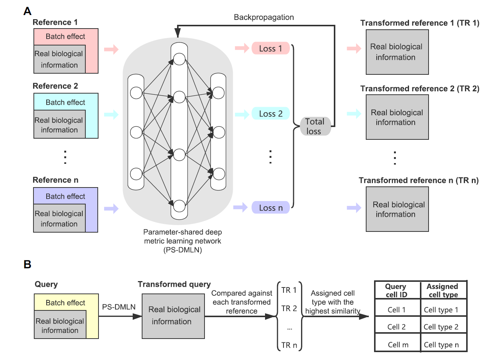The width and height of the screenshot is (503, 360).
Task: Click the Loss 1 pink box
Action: pos(271,48)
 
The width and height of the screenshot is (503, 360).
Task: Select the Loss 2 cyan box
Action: pos(271,114)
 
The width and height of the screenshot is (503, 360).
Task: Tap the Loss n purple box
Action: pos(271,208)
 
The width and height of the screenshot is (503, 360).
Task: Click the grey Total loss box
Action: pos(315,126)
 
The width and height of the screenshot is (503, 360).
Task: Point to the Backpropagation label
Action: pos(264,17)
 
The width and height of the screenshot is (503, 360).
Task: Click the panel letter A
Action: pos(27,11)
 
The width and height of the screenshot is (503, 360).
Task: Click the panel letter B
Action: pos(27,264)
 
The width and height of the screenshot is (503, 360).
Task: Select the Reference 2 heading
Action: pos(55,86)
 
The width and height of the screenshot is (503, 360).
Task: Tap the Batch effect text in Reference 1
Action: pos(65,36)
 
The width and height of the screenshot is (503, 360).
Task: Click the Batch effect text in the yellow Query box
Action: pos(65,303)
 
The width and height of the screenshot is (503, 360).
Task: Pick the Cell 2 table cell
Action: pos(397,327)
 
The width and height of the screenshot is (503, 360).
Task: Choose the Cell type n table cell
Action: pos(441,345)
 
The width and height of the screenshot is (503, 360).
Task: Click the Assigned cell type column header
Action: pos(442,290)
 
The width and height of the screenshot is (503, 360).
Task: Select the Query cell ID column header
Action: pos(396,290)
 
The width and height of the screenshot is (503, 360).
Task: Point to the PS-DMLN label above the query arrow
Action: pos(119,307)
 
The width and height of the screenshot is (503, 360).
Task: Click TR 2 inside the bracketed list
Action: pos(289,309)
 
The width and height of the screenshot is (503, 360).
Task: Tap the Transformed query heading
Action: pos(174,284)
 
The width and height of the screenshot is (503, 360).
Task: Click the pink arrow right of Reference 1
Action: pos(111,49)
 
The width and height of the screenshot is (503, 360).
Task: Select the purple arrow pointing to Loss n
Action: pos(240,207)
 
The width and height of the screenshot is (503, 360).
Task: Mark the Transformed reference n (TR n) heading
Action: pos(418,180)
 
